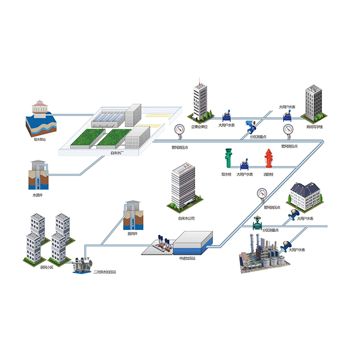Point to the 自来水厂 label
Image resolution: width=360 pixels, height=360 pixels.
click(118, 154)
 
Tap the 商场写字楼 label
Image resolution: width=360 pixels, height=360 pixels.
click(314, 127)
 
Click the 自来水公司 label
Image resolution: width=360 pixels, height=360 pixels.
click(186, 218)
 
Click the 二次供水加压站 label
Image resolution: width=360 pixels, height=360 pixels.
click(104, 273)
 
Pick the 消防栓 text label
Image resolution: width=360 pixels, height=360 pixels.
click(269, 174)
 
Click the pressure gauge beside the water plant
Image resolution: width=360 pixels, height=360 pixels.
click(179, 130)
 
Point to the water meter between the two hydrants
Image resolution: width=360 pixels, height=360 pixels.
click(246, 162)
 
